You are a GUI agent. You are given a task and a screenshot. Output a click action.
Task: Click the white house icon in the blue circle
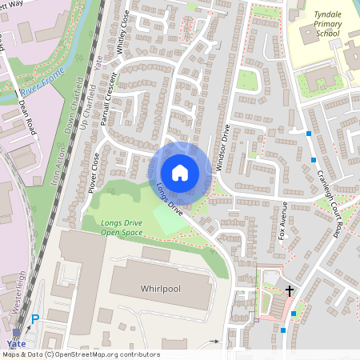(x=180, y=173)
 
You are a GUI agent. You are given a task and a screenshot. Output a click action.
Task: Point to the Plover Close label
(x=90, y=174)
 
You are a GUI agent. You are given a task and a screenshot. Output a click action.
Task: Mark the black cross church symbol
(x=290, y=293)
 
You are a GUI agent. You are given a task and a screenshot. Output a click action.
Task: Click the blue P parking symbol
(x=34, y=320)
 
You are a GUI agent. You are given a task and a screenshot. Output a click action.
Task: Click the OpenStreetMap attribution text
(x=80, y=354)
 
